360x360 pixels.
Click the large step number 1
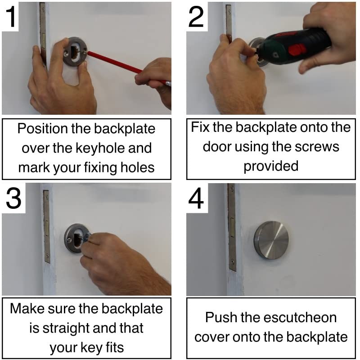[11, 17]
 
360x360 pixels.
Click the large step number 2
[196, 17]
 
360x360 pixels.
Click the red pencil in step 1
[129, 68]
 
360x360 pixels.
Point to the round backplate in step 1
[75, 52]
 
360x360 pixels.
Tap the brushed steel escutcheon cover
[271, 240]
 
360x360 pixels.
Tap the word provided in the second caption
[271, 166]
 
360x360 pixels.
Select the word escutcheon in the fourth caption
[300, 318]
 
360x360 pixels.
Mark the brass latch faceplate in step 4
[232, 227]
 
